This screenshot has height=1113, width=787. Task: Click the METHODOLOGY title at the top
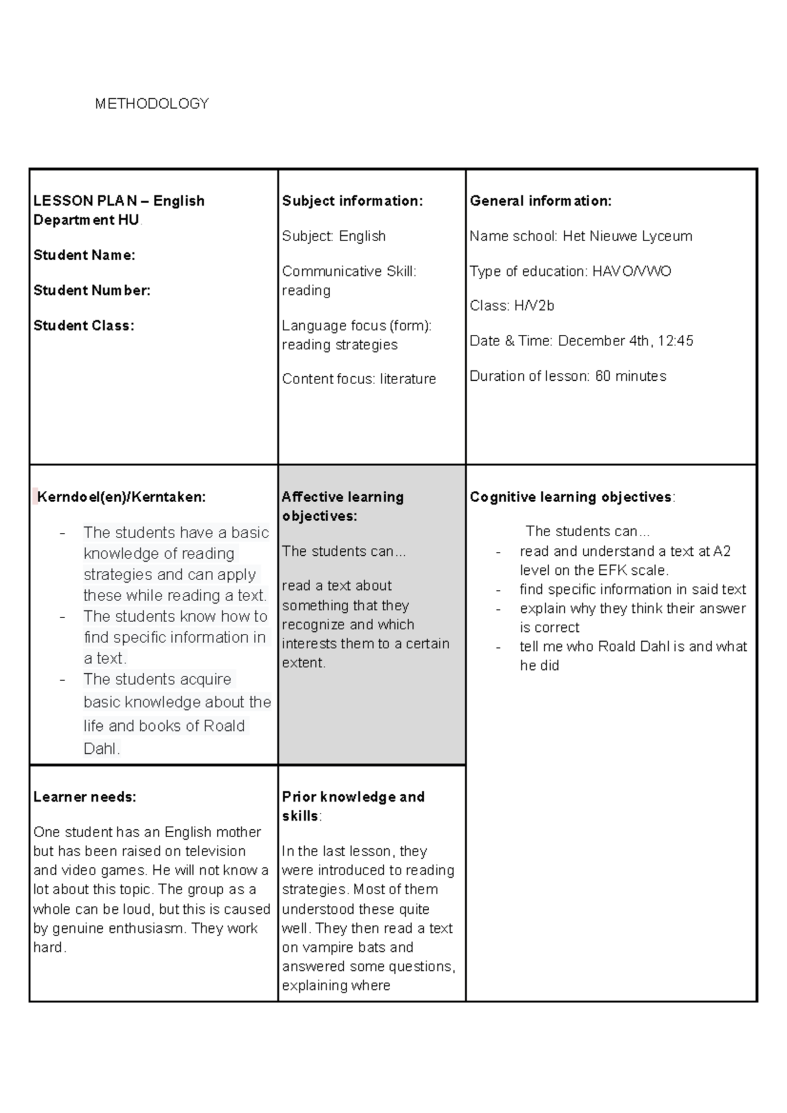151,104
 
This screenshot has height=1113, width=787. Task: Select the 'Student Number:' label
92,290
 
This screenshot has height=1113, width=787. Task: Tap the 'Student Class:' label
84,326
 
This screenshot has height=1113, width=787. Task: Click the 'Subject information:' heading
352,201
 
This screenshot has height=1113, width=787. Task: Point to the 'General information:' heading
540,201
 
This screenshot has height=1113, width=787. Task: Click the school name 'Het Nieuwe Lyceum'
627,236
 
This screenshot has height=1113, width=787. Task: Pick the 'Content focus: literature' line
359,379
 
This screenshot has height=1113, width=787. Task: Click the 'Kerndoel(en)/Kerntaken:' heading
121,498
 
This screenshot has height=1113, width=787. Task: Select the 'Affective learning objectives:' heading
342,507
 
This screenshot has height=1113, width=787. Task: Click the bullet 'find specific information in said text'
633,589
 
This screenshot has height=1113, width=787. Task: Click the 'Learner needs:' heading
85,797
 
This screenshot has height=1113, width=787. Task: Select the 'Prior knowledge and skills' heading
353,806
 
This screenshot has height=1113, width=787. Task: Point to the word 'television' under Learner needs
206,851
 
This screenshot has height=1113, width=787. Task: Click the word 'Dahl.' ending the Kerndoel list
102,749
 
